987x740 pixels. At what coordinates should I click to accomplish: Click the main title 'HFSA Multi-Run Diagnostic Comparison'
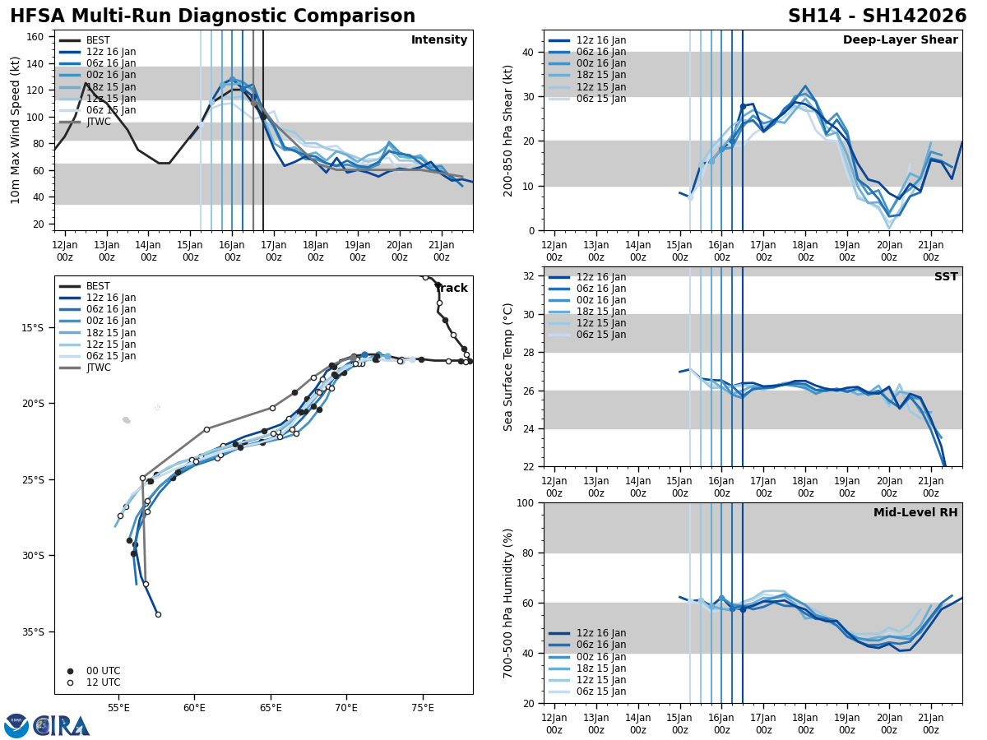tap(212, 16)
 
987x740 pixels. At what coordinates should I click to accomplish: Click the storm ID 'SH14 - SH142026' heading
tap(877, 16)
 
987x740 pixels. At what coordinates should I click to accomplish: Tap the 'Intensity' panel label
tap(439, 40)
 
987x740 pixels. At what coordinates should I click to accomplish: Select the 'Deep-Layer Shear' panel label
tap(900, 40)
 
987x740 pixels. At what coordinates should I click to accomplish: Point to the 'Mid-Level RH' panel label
tap(915, 513)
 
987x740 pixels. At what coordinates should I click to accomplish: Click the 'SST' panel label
tap(946, 277)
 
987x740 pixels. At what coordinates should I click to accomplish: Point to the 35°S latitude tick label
tap(33, 631)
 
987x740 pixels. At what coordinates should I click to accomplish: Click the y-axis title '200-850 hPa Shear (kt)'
tap(509, 130)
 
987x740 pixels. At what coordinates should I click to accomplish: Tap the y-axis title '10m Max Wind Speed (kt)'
tap(16, 130)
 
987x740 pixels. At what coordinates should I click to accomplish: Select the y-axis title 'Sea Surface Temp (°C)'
tap(509, 367)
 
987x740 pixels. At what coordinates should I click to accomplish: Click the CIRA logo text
tap(61, 726)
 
